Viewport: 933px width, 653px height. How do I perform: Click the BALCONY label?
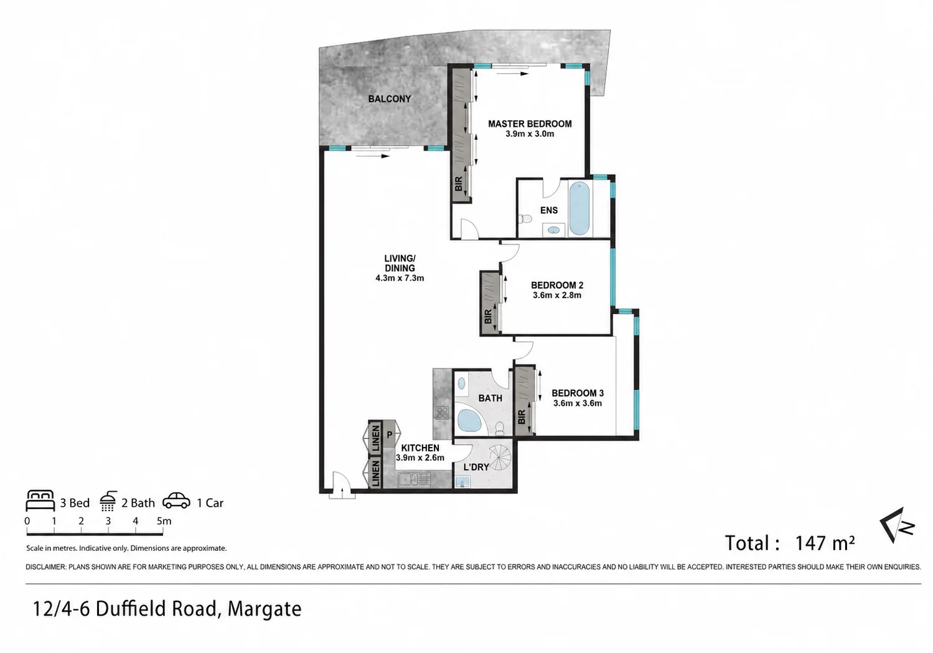[x=390, y=99]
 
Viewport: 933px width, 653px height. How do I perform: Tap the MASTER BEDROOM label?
[x=530, y=124]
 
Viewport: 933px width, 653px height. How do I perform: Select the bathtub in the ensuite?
[x=579, y=209]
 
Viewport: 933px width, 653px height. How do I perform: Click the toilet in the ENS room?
[x=526, y=218]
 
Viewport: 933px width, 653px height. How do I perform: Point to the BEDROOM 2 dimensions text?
[x=557, y=295]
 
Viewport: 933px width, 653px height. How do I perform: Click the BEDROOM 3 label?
[x=578, y=393]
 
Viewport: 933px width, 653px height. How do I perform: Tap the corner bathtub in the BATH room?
[x=470, y=421]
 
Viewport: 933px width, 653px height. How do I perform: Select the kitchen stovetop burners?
[x=442, y=413]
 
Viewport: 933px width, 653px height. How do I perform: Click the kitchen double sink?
[x=414, y=480]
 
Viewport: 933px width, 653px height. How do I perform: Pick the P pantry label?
[x=390, y=435]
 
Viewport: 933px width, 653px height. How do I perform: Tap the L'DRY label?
[x=476, y=467]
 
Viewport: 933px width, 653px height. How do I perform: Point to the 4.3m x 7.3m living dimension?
[x=400, y=278]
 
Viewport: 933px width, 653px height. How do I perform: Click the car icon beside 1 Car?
[x=176, y=501]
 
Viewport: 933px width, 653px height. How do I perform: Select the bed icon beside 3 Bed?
[x=40, y=500]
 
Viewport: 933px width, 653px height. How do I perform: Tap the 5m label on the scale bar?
[x=164, y=521]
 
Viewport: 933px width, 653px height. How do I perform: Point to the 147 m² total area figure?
[x=825, y=543]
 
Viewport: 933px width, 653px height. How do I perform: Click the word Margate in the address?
[x=265, y=609]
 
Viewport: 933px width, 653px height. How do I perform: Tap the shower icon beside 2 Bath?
[x=108, y=501]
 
